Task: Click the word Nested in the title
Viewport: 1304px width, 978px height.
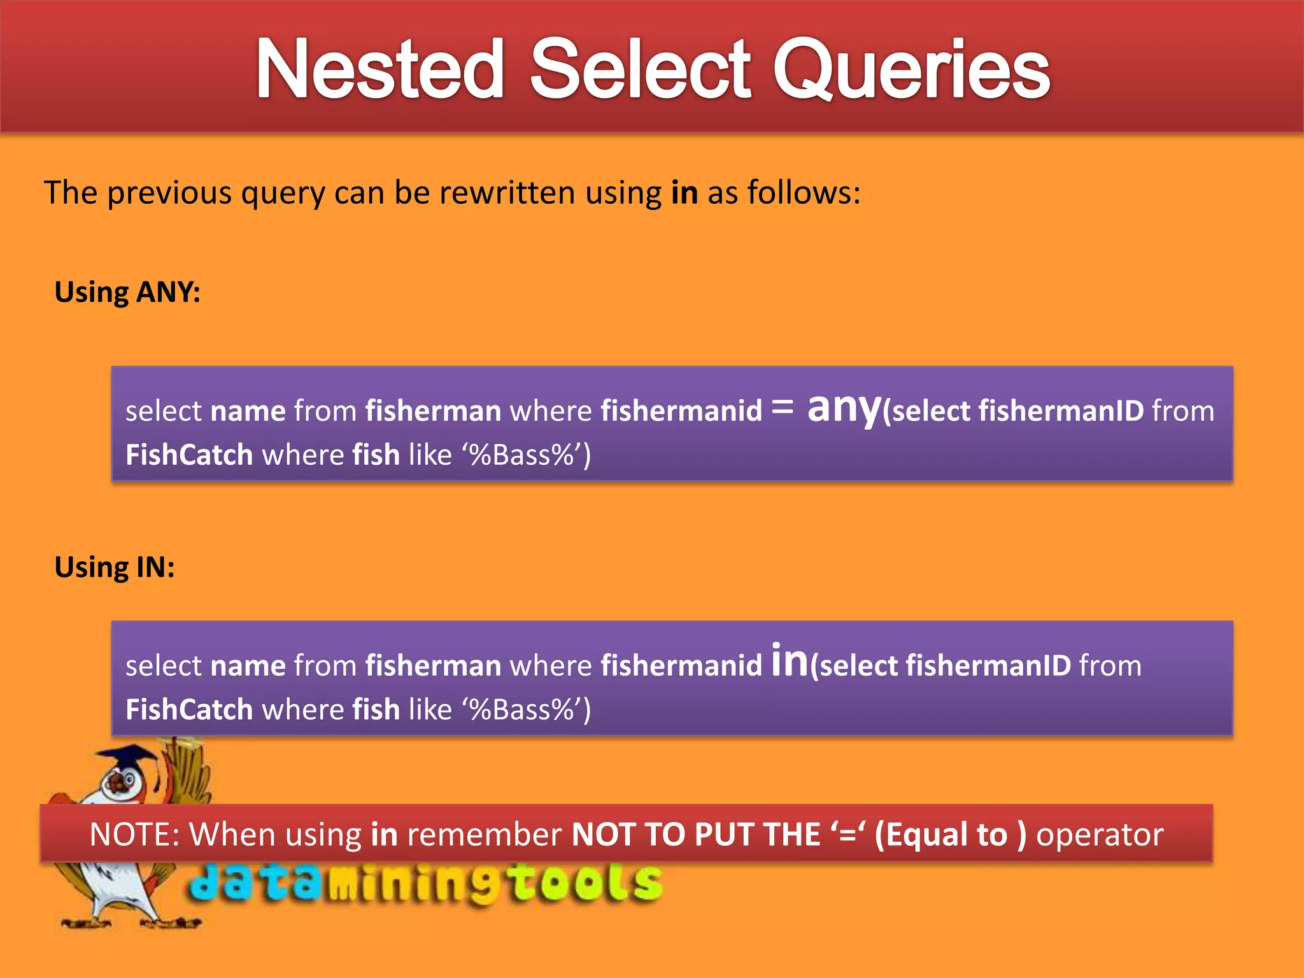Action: [x=380, y=69]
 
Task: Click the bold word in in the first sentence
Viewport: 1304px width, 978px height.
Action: [x=684, y=192]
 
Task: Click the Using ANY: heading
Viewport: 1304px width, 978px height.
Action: [x=127, y=292]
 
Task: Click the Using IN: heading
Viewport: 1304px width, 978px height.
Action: [x=115, y=567]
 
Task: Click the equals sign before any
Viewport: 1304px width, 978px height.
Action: [x=782, y=407]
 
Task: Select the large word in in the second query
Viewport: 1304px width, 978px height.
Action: [x=789, y=661]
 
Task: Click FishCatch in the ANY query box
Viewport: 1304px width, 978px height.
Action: [x=189, y=455]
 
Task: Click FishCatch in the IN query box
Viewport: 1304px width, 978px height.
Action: [x=189, y=709]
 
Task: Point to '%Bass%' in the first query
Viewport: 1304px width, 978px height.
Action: [x=522, y=455]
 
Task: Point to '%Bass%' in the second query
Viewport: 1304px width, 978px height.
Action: [x=522, y=709]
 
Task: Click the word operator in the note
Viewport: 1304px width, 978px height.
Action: [x=1100, y=834]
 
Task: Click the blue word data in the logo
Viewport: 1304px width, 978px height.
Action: [x=255, y=883]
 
